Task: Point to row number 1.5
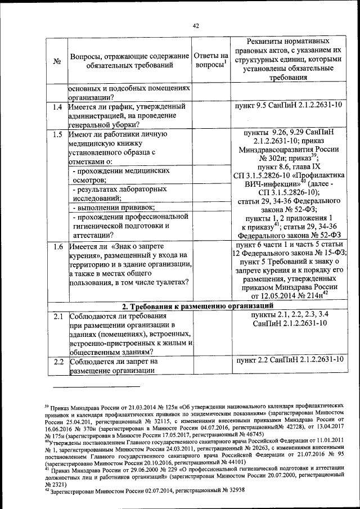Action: [x=55, y=134]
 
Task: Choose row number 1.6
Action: [x=55, y=247]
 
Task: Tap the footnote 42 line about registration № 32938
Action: [x=152, y=490]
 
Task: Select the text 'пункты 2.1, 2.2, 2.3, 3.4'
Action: [x=287, y=314]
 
